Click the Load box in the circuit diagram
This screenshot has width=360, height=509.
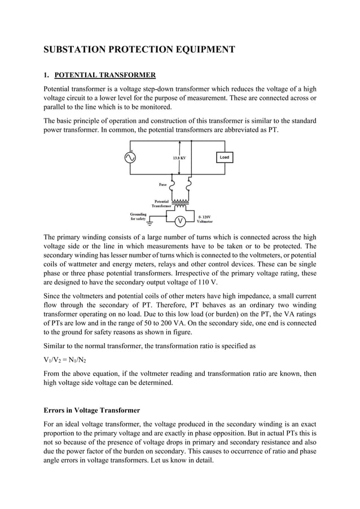(224, 157)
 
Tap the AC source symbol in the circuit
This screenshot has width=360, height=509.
(130, 158)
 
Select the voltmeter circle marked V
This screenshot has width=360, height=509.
(179, 221)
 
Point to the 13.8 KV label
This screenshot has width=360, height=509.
(179, 158)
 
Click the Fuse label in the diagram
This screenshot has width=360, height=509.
(162, 184)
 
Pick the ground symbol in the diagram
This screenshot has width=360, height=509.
(134, 224)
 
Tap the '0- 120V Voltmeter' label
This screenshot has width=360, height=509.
(205, 220)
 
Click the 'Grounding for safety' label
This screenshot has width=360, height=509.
(138, 216)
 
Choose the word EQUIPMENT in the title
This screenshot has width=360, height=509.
(206, 50)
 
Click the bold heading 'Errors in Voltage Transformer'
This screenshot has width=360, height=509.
(92, 410)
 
